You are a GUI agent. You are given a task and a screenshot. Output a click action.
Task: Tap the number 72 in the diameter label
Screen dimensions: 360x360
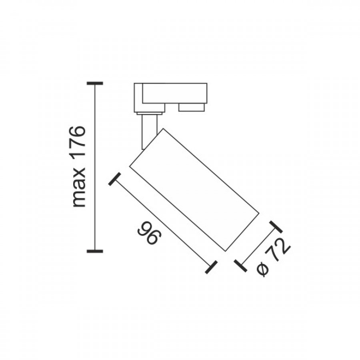point(278,250)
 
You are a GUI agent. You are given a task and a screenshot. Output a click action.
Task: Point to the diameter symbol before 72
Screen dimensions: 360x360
point(263,270)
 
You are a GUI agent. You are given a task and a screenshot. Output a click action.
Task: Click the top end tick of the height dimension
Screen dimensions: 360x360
point(95,83)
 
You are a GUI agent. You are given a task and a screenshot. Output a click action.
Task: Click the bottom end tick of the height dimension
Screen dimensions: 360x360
point(95,251)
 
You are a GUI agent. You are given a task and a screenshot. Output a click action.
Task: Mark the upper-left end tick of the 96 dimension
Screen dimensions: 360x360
point(114,179)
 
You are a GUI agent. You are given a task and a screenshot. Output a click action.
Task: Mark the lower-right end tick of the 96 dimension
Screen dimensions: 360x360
point(211,267)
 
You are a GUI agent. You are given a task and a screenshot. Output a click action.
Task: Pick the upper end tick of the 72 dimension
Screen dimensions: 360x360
point(276,227)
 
